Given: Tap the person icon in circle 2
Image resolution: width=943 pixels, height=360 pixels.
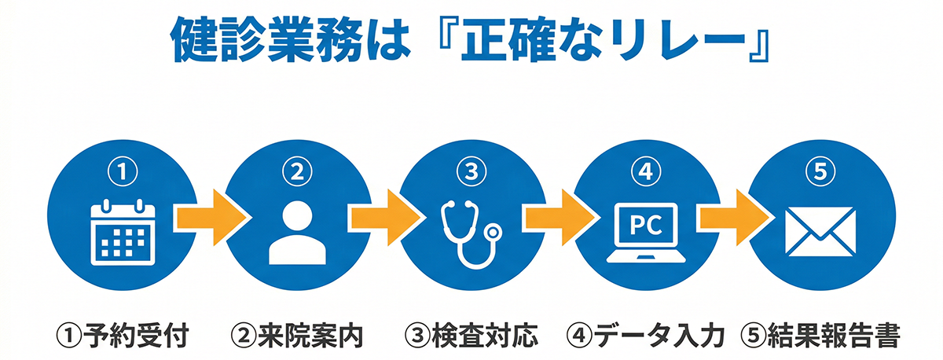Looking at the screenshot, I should (x=296, y=233).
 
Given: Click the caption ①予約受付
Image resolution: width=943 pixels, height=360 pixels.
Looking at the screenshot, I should (x=123, y=336).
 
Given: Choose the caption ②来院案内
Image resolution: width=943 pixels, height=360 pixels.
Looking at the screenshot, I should (x=297, y=336).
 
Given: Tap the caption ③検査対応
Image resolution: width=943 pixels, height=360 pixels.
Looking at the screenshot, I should (x=472, y=336).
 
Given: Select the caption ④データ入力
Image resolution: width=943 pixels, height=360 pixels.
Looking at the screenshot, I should (x=644, y=336).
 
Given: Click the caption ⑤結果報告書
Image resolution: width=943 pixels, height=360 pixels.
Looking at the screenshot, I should (x=820, y=336).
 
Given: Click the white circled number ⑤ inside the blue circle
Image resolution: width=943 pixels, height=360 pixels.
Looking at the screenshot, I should (x=820, y=171).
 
